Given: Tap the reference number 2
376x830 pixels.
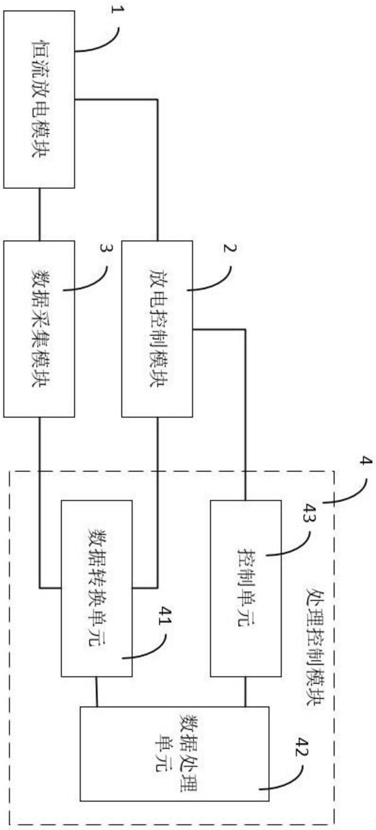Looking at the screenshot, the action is (230, 248).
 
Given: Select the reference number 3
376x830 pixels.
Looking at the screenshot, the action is (106, 248).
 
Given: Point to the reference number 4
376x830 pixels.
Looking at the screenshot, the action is (366, 460).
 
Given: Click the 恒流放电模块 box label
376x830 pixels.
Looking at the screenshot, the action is (40, 99).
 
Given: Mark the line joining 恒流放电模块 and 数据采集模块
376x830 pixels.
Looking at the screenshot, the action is (40, 214).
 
